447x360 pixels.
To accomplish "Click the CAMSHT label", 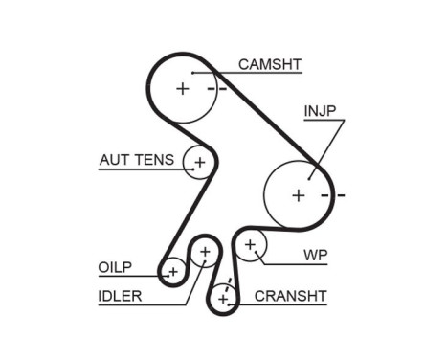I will point(270,64).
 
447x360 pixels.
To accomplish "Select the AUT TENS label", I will point(136,160).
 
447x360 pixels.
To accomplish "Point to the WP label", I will point(315,256).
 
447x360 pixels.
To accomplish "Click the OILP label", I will point(114,267).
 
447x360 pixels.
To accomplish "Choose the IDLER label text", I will point(120,296).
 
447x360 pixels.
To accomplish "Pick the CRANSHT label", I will point(291,296).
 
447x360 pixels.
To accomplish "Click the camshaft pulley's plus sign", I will point(182,88).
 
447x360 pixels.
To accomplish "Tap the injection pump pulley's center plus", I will point(298,194).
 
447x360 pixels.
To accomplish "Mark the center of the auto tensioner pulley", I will point(199,162).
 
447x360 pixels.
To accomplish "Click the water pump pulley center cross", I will point(250,244).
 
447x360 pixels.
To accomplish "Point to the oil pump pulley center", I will point(173,273).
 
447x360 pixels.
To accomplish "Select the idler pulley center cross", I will point(204,253).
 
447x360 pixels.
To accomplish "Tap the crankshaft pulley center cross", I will point(223,299).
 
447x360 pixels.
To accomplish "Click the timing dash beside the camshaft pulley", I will point(221,88).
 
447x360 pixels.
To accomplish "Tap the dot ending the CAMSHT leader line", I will point(192,73).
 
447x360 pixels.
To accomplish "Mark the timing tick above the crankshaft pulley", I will point(227,284).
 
